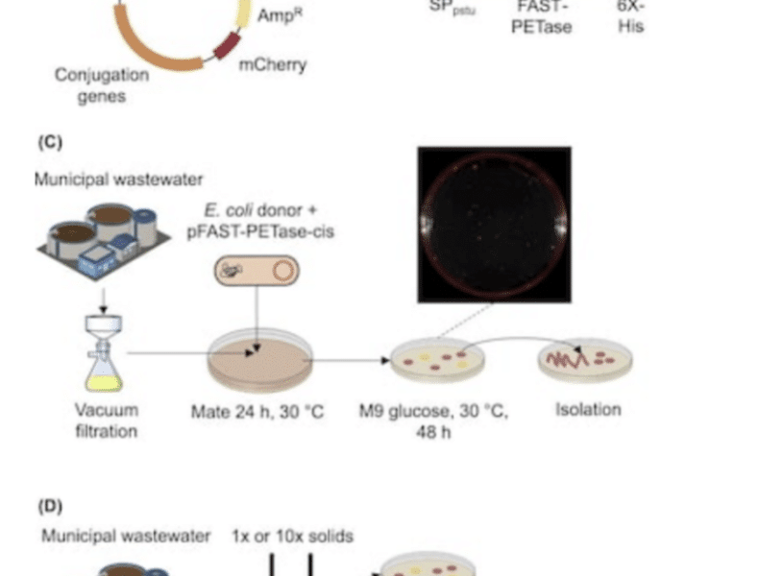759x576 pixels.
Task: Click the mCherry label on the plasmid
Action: click(272, 66)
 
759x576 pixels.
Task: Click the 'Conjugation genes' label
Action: click(102, 84)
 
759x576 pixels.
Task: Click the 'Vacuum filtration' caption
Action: click(107, 420)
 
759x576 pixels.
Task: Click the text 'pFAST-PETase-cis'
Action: click(257, 230)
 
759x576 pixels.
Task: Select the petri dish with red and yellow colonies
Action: click(438, 361)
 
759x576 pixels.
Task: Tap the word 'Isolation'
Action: click(588, 409)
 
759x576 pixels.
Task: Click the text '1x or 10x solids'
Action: click(292, 536)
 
